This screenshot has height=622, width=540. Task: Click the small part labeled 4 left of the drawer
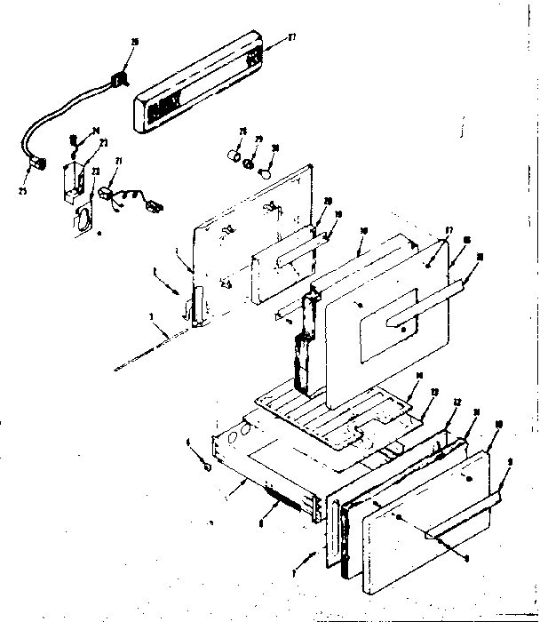tap(206, 466)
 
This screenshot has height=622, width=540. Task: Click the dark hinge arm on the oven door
tap(304, 342)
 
